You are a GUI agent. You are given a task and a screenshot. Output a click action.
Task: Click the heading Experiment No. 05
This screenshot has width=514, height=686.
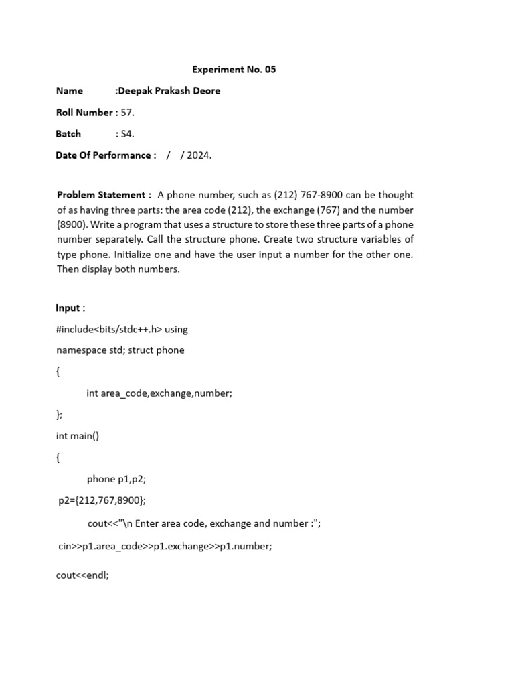tap(234, 69)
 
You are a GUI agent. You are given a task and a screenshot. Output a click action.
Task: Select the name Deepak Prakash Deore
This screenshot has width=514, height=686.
tap(169, 91)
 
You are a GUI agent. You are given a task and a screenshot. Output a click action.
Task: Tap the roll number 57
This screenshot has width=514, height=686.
tap(127, 113)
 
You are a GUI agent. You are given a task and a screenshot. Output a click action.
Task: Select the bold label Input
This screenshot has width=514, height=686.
tap(70, 307)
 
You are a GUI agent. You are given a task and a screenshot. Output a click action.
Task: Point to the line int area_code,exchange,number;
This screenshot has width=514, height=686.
tap(159, 393)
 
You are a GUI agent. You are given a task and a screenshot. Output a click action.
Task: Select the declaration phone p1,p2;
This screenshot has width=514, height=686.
tap(116, 479)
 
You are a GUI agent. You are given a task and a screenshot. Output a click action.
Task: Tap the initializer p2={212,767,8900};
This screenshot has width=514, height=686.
tap(102, 500)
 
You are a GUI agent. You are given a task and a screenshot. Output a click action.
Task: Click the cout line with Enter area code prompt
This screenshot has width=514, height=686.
tap(204, 523)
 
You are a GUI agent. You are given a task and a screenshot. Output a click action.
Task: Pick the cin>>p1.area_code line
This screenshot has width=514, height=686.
tap(165, 546)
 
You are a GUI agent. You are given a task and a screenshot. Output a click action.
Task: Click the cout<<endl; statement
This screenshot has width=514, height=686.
tap(82, 575)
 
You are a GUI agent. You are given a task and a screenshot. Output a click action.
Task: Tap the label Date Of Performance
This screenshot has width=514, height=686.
tap(106, 155)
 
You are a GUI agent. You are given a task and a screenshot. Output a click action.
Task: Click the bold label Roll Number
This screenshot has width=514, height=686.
tap(86, 113)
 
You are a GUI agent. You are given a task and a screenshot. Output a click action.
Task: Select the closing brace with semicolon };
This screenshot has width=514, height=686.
tap(60, 415)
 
